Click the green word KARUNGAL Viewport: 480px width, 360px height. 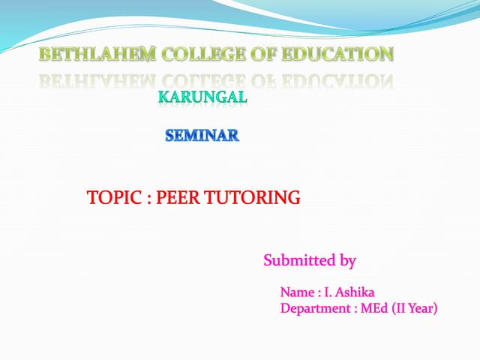[202, 97]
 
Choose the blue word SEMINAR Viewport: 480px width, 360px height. [202, 136]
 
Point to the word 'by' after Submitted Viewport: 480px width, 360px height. [347, 262]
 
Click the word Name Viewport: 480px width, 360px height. [295, 292]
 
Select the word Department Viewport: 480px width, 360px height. [313, 307]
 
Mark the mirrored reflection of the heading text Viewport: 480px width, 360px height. [216, 79]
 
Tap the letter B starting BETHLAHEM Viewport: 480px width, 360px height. [44, 54]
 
